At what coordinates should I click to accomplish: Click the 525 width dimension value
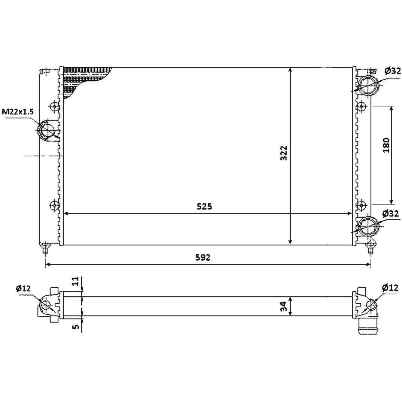tap(204, 206)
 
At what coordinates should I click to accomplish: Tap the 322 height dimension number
tap(284, 153)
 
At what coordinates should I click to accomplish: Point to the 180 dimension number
tap(386, 145)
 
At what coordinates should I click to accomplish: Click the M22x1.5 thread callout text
tap(18, 112)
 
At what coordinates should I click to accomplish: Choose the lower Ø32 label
tap(390, 213)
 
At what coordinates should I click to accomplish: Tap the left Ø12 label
tap(23, 288)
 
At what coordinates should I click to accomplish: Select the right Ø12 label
tap(390, 288)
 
